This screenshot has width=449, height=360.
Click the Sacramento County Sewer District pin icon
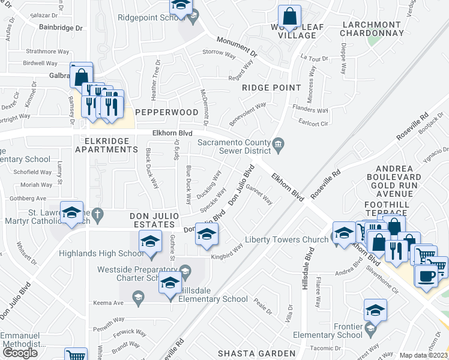278,143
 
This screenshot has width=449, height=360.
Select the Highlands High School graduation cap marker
149,244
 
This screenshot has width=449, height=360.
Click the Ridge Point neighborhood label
271,88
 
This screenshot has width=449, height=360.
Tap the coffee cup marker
426,277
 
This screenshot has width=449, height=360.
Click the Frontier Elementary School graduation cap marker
375,311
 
